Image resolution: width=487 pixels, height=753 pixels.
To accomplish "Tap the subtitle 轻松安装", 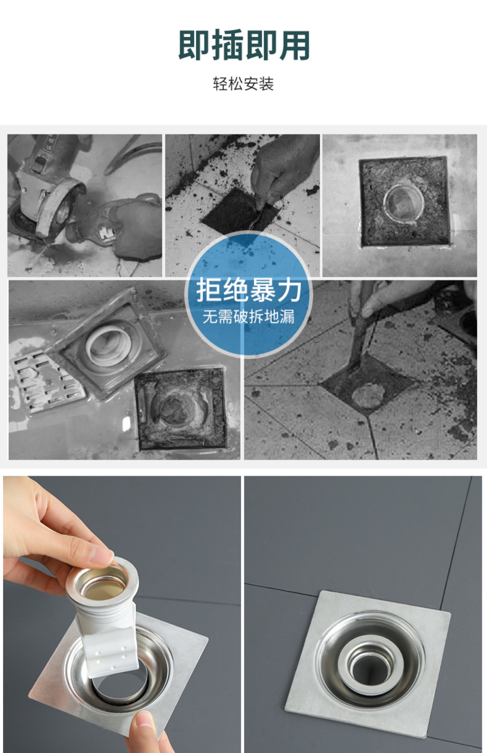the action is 243,84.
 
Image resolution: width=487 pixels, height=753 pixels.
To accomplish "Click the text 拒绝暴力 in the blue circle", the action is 248,291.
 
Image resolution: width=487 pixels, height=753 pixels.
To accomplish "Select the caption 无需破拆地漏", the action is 248,317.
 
